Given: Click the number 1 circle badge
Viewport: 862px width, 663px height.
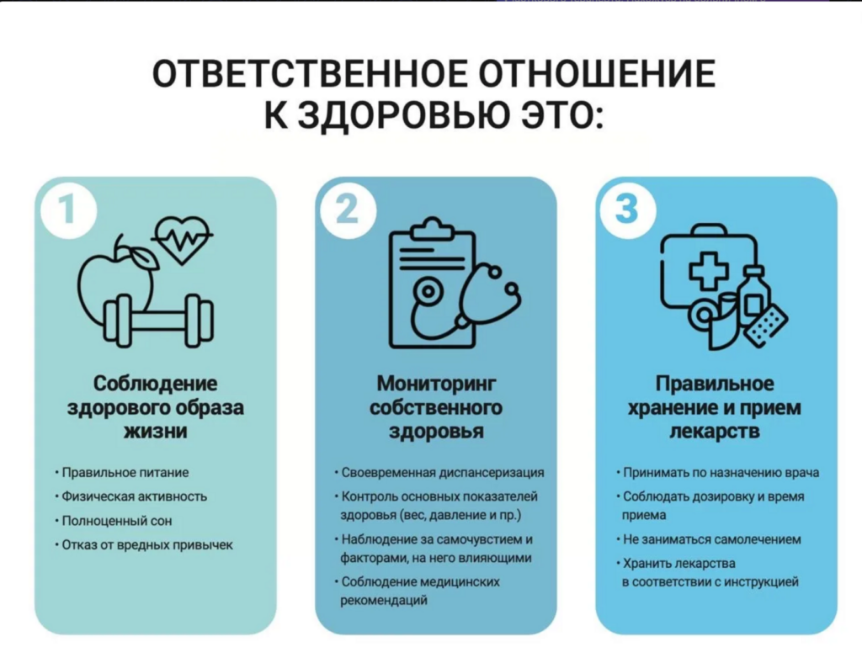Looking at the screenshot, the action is coord(68,210).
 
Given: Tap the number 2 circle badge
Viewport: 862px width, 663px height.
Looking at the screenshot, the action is coord(348,210).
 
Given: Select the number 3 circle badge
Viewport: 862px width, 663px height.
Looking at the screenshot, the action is coord(628,210).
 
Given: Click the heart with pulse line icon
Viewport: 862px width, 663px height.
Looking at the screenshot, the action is coord(182,240).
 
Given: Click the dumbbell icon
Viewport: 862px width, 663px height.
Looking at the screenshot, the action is coord(157,321).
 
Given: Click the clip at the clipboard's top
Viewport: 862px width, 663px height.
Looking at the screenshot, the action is coord(433,229).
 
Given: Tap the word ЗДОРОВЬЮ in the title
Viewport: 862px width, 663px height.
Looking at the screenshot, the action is coord(404,114).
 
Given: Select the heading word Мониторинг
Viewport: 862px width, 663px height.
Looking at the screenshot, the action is coord(436,383).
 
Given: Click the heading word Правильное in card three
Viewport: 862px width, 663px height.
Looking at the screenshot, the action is coord(714,383).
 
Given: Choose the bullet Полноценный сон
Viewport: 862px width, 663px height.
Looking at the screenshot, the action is coord(116,521).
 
